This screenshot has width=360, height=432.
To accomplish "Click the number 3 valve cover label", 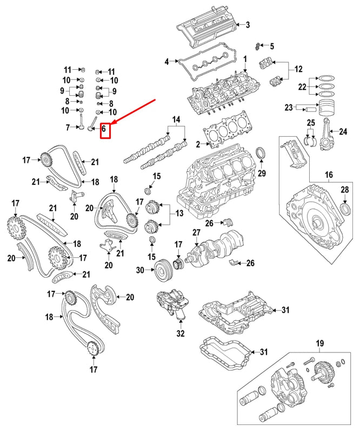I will [x=248, y=25].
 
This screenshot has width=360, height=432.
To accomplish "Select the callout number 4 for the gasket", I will [x=167, y=62].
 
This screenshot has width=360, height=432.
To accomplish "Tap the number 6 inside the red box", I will [x=104, y=130].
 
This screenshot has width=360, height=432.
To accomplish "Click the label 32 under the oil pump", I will [x=180, y=334].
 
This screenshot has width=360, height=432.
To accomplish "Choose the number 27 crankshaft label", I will [x=196, y=233].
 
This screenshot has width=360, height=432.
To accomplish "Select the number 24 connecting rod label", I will [x=342, y=131].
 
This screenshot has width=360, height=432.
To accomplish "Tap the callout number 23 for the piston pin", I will [x=288, y=107].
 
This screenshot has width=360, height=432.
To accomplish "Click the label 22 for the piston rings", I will [x=302, y=87].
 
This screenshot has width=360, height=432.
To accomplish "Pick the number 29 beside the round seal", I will [x=262, y=173].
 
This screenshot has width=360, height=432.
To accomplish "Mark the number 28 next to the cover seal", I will [x=345, y=189].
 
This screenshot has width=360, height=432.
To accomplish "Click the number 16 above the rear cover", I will [x=329, y=174].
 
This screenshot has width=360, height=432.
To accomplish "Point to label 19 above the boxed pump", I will [x=319, y=343].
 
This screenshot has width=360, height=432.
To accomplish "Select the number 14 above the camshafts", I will [x=176, y=119].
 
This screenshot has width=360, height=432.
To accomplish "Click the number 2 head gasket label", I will [x=198, y=144].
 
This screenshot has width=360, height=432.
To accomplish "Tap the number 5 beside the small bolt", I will [x=271, y=46].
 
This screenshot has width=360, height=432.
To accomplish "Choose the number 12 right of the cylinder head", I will [x=298, y=69].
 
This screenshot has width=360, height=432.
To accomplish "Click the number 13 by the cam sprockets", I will [x=178, y=214].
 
